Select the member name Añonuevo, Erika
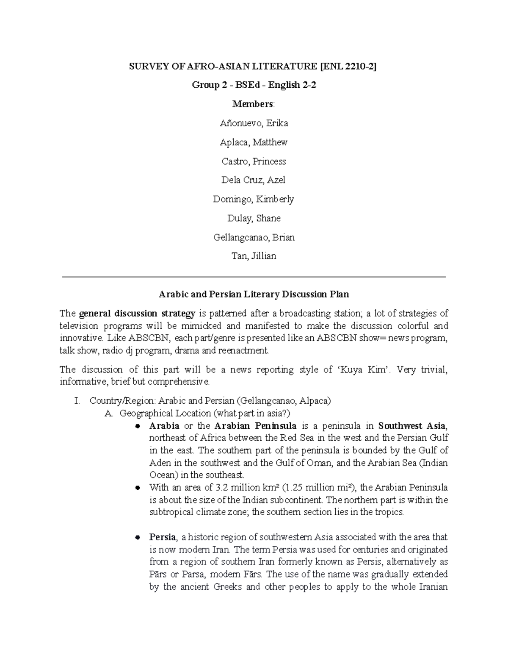[x=254, y=123]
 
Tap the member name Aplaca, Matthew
[x=254, y=142]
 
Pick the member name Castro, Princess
[x=254, y=161]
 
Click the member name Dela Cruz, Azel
[x=254, y=180]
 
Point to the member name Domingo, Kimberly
[x=254, y=199]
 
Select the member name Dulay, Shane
[x=254, y=218]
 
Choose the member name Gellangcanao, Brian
[x=254, y=237]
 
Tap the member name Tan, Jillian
[x=254, y=256]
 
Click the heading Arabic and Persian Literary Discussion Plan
[x=254, y=294]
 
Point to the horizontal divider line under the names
[x=254, y=277]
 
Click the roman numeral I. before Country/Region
[x=77, y=401]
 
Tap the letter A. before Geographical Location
[x=108, y=413]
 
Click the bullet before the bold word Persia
[x=137, y=538]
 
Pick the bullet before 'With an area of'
[x=137, y=488]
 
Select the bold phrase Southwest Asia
[x=411, y=425]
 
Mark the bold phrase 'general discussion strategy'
[x=137, y=314]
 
